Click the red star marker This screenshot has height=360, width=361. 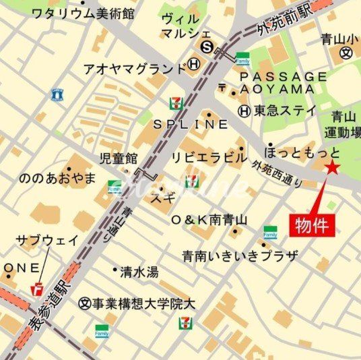pyautogui.click(x=333, y=169)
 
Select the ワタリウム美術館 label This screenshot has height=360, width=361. pyautogui.click(x=83, y=13)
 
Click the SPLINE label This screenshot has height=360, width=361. pyautogui.click(x=191, y=125)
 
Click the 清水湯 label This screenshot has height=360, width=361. pyautogui.click(x=139, y=272)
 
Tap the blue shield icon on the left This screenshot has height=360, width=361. pyautogui.click(x=57, y=94)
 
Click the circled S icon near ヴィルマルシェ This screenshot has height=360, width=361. pyautogui.click(x=207, y=47)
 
